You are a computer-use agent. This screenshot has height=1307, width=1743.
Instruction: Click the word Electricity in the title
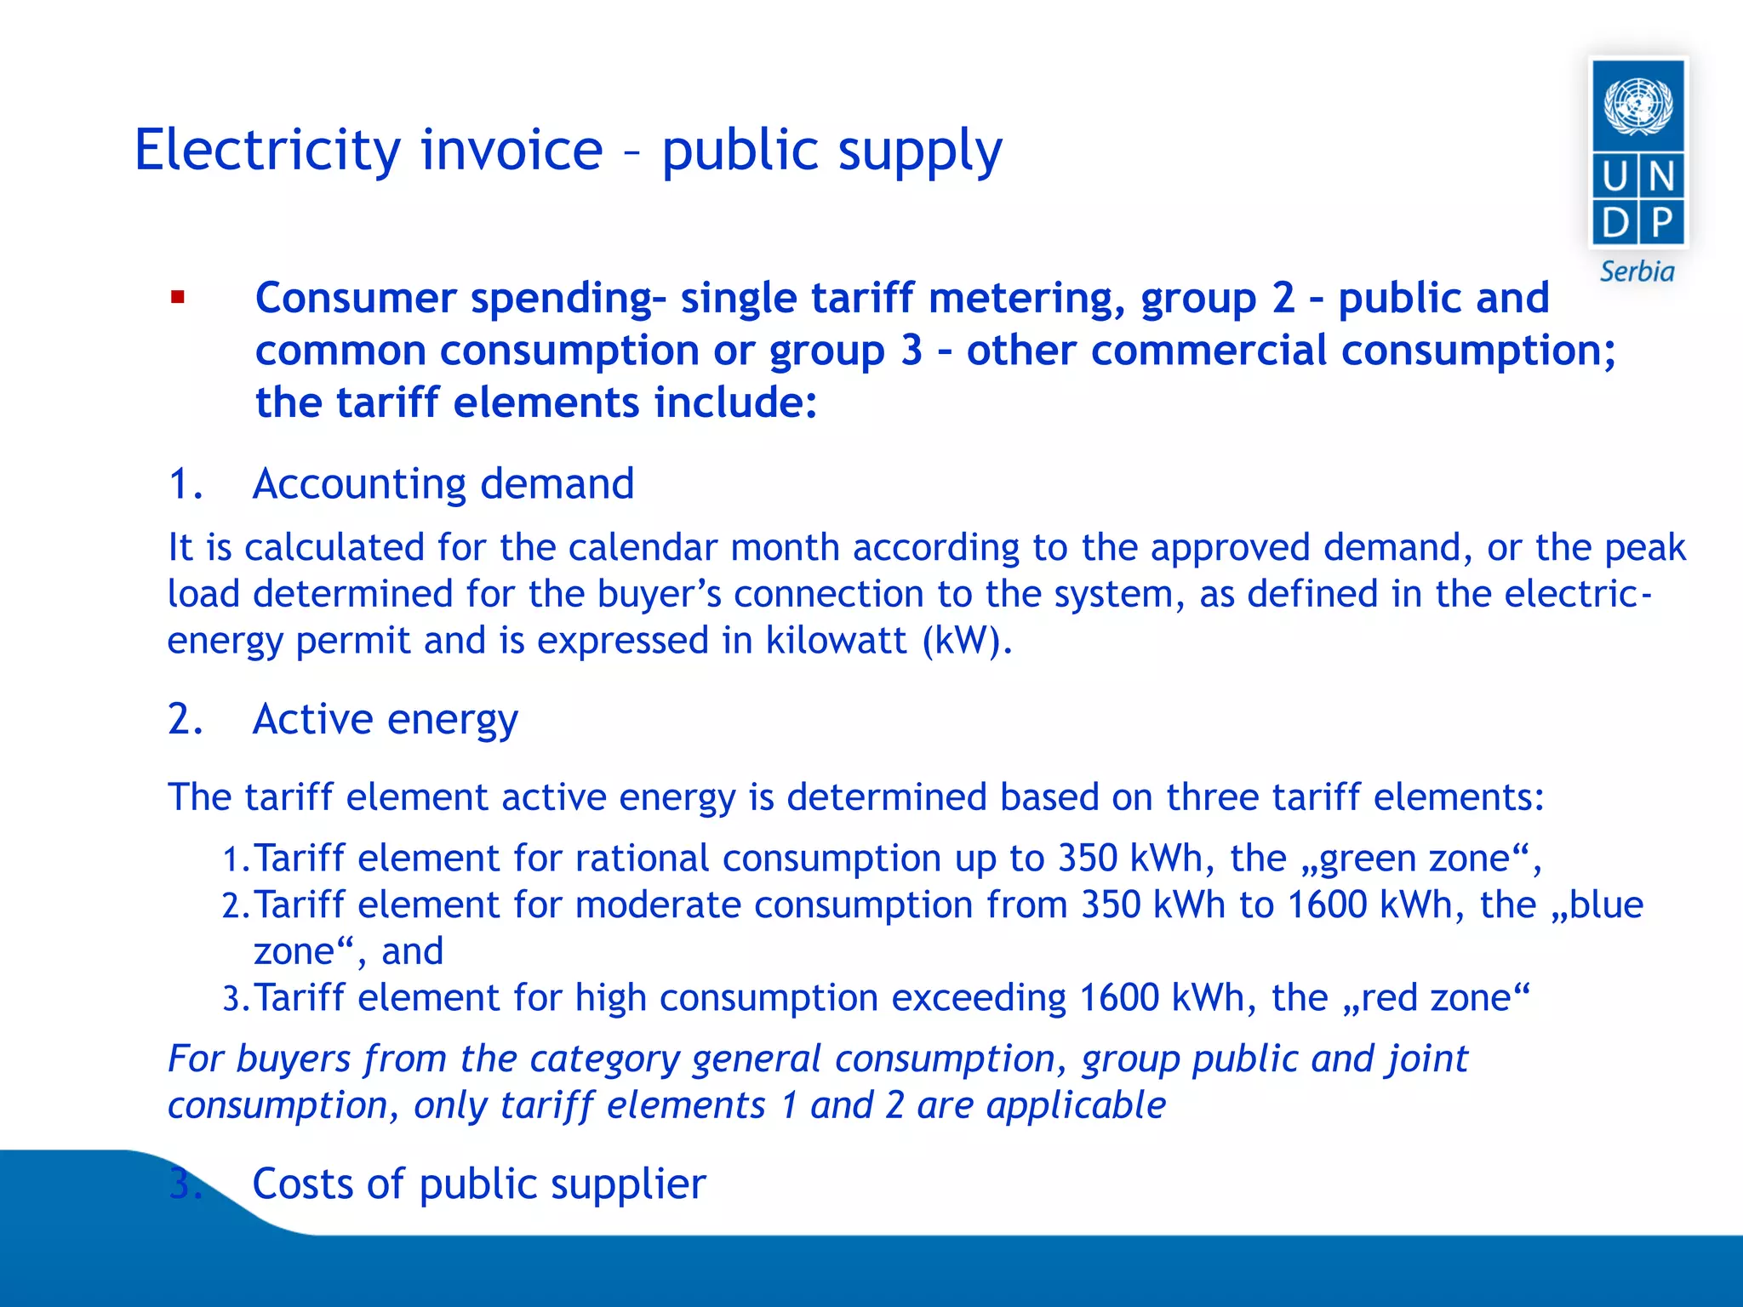coord(267,151)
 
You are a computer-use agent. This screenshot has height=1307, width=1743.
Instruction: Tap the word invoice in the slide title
coord(511,151)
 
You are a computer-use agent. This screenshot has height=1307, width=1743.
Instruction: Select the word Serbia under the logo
coord(1637,271)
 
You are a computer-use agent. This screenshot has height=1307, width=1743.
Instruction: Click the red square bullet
coord(177,297)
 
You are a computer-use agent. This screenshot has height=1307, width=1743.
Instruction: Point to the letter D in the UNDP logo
coord(1614,223)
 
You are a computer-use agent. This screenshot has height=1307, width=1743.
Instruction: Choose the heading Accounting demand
coord(443,484)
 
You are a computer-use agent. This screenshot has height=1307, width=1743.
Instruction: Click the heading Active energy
coord(385,720)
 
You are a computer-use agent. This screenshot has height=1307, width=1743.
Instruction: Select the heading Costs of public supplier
coord(478,1184)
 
